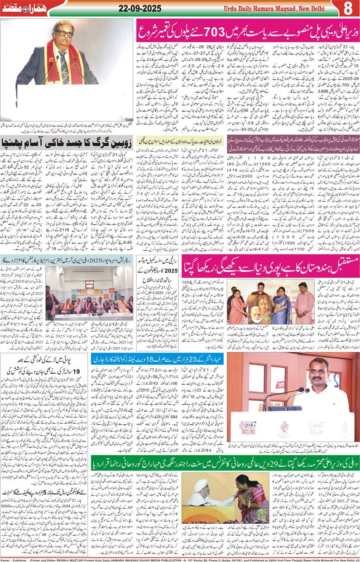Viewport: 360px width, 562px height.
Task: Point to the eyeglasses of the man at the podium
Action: (x=64, y=34)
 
